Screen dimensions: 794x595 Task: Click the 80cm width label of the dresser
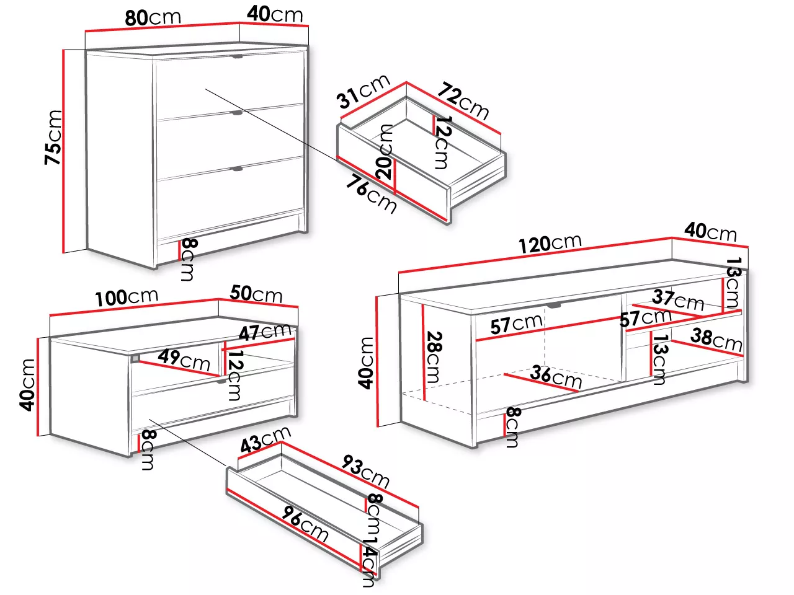point(153,18)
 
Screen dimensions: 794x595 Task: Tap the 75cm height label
point(53,138)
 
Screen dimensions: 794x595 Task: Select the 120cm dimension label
point(550,244)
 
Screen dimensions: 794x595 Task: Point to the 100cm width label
point(127,297)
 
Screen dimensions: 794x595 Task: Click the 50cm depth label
point(256,294)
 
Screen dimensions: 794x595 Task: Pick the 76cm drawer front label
point(371,194)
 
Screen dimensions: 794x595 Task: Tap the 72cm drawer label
point(463,101)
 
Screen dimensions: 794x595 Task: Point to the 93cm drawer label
point(366,471)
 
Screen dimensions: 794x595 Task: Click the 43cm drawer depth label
point(265,439)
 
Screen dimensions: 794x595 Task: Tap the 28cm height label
point(434,357)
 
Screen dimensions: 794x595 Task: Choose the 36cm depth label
point(556,376)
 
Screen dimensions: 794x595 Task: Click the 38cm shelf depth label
point(716,340)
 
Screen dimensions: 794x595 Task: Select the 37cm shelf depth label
point(678,300)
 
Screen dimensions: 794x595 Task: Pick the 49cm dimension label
point(184,360)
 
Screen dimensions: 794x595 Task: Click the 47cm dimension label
point(265,332)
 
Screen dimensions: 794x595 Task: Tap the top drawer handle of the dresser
point(238,56)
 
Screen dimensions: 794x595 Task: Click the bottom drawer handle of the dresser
point(238,169)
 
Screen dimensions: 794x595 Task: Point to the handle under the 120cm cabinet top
point(553,306)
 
